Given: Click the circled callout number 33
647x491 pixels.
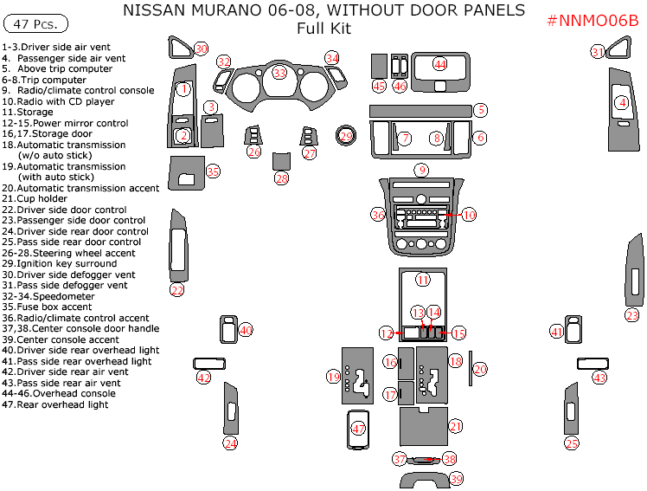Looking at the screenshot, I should (279, 73).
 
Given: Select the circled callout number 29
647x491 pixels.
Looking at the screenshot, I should (346, 137).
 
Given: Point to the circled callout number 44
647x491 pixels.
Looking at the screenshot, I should (440, 64).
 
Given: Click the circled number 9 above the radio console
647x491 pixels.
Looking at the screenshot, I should (421, 170).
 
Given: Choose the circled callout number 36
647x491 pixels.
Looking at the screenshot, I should (378, 214).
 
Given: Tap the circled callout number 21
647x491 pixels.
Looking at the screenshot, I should (456, 425).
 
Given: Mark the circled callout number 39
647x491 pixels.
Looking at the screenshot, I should (457, 479).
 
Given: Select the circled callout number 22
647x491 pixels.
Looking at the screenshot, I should (177, 290).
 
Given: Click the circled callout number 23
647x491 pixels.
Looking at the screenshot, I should (632, 315).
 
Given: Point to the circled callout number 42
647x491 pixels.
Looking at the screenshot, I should (204, 378).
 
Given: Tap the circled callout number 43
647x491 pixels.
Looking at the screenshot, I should (599, 378).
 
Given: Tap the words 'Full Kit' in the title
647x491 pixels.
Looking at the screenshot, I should (323, 28).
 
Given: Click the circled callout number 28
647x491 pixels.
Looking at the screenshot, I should (282, 178).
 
